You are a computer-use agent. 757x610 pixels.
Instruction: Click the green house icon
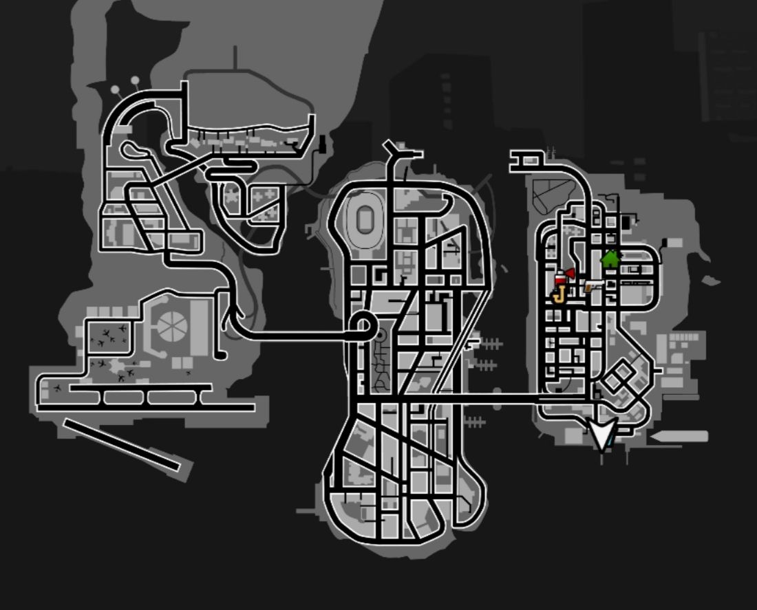[x=610, y=259]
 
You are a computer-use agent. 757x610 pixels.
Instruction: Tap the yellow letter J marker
[x=558, y=296]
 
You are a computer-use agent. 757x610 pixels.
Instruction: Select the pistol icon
[x=592, y=285]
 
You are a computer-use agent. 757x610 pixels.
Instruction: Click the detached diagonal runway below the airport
[x=121, y=444]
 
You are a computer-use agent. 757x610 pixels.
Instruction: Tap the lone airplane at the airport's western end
[x=57, y=389]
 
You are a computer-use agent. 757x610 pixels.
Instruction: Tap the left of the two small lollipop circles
[x=115, y=89]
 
